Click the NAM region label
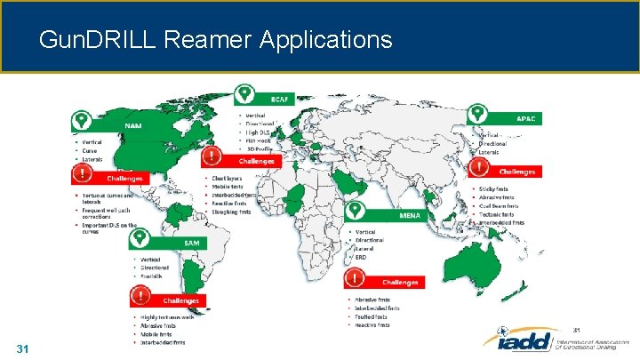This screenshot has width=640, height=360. click(132, 126)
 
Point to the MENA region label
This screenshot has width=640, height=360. click(410, 214)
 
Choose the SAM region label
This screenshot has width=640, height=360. click(190, 242)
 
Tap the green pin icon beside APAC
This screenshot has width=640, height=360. click(477, 113)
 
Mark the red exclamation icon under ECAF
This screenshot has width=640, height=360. click(212, 157)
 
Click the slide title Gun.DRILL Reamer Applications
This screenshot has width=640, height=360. click(215, 40)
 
